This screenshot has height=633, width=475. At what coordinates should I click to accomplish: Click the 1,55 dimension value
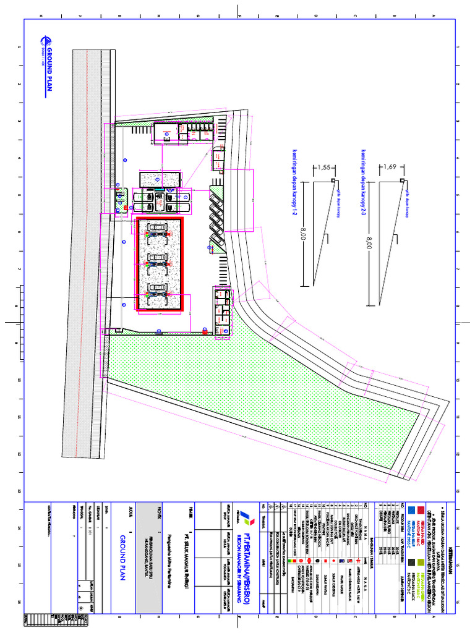click(x=322, y=168)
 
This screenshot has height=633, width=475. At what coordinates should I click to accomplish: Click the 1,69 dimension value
click(x=390, y=167)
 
